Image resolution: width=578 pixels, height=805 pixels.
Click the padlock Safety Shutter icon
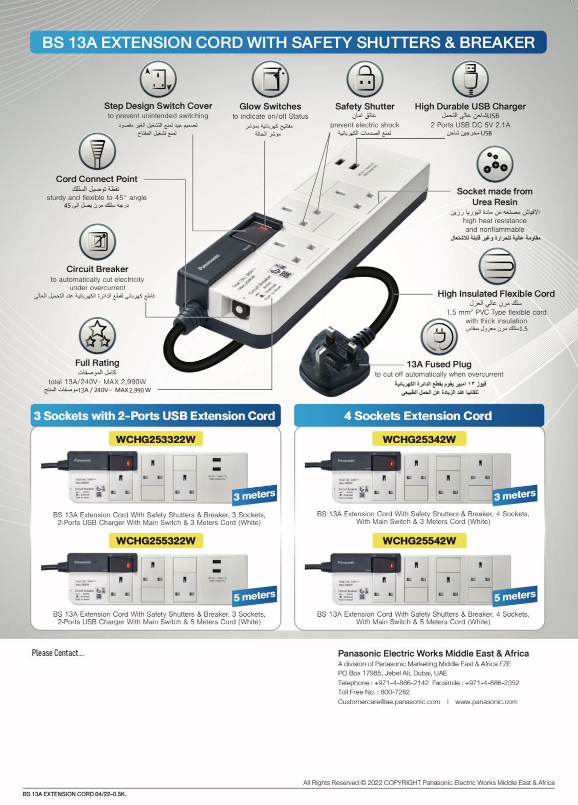tap(365, 79)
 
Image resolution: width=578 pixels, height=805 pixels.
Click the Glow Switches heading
tap(270, 106)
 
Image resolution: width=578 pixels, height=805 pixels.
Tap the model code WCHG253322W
tap(155, 439)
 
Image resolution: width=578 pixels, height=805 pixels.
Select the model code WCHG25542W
tap(419, 540)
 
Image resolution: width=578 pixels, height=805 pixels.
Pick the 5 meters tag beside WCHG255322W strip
tap(254, 596)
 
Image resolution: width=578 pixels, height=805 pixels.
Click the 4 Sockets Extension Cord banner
tap(418, 416)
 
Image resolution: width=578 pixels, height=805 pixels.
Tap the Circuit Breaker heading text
tap(97, 269)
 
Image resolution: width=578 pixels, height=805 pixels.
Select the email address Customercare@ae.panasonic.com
tap(389, 702)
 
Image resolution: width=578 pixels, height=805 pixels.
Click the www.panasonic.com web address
tap(486, 702)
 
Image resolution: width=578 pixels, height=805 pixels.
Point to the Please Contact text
tap(58, 652)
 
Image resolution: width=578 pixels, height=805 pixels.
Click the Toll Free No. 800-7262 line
tap(374, 692)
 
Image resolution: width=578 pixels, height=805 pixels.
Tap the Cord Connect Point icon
tap(97, 151)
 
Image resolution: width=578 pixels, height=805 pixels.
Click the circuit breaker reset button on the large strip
tap(238, 309)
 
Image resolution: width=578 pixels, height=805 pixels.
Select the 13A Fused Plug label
tap(439, 364)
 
